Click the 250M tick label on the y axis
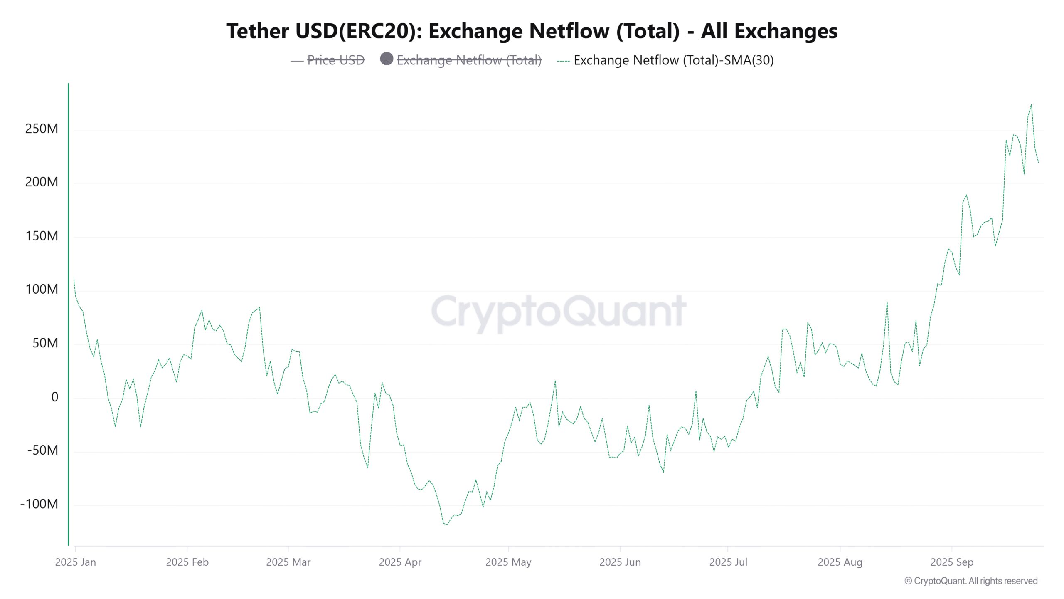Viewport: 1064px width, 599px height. (x=42, y=129)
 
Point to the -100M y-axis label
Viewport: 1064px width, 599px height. (x=39, y=504)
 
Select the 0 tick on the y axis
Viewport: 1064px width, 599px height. (x=54, y=397)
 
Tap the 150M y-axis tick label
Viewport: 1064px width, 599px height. (x=42, y=236)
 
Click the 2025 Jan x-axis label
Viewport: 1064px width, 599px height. (x=75, y=562)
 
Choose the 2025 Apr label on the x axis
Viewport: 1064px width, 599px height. (x=400, y=562)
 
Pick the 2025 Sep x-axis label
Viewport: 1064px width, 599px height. (x=952, y=562)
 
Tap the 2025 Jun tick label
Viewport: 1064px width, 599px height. (x=620, y=562)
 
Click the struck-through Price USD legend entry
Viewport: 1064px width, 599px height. (x=335, y=60)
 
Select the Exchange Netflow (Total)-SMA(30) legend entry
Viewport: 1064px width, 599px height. (x=673, y=60)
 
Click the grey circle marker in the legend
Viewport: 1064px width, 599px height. (x=387, y=59)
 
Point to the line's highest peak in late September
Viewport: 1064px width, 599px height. (x=1031, y=105)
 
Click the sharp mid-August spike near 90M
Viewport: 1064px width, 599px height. (x=887, y=303)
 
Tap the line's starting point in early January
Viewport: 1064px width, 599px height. (x=74, y=278)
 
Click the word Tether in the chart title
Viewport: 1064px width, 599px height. (x=257, y=31)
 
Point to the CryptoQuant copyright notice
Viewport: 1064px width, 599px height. (x=971, y=581)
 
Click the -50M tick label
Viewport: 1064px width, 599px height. (x=43, y=450)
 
